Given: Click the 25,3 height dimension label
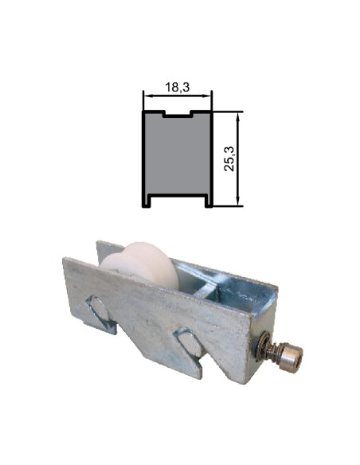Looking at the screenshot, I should pos(230,158).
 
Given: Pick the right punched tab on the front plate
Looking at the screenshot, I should pos(190,345).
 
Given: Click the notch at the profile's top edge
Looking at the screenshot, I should pos(178,114).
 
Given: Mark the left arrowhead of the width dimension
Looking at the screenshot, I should pos(147,96).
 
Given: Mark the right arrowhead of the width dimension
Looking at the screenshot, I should pos(209,96).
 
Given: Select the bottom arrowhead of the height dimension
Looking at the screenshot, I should pos(238,203).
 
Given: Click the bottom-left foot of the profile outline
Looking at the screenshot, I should pos(147,204).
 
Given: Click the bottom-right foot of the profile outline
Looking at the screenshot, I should pos(209,204).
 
